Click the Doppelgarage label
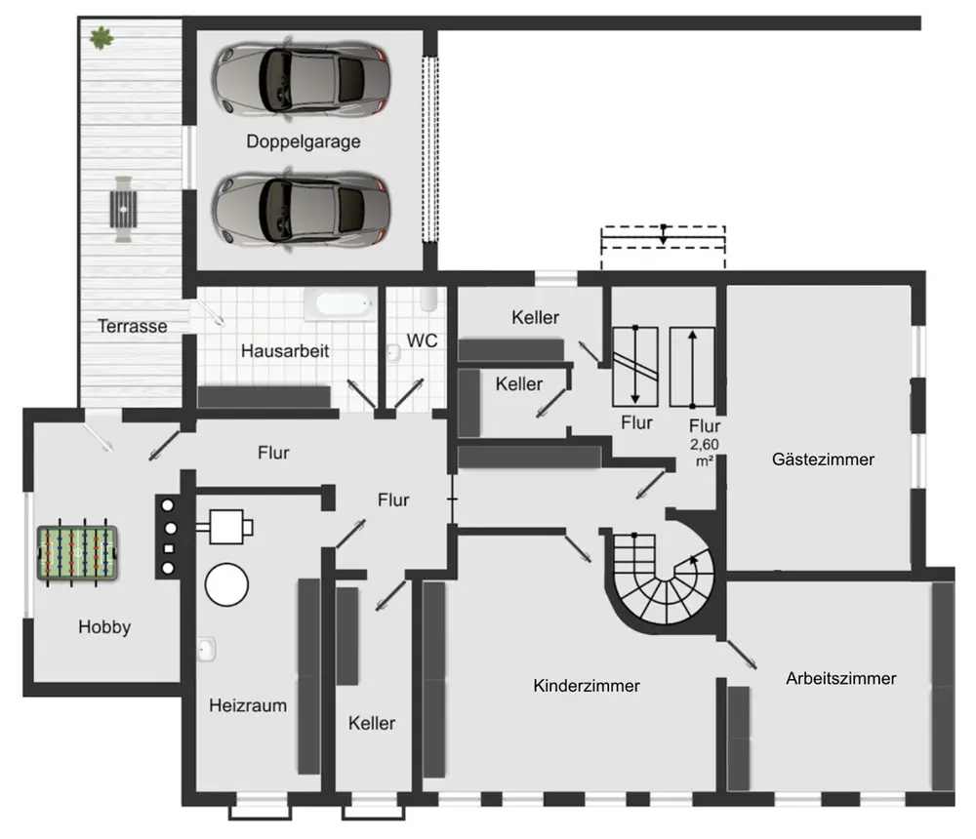click(304, 141)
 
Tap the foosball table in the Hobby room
click(77, 553)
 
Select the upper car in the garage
click(302, 78)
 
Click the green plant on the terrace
click(101, 38)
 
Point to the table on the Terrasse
click(123, 209)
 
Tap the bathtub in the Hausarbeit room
click(340, 305)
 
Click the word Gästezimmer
click(823, 459)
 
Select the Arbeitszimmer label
click(841, 678)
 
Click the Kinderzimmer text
click(587, 685)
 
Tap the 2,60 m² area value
click(704, 453)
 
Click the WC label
click(422, 340)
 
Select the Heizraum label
click(248, 705)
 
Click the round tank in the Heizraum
click(226, 584)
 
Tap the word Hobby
click(104, 626)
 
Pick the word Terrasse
click(133, 326)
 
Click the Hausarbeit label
click(285, 350)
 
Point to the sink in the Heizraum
click(207, 649)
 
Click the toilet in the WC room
click(428, 299)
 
